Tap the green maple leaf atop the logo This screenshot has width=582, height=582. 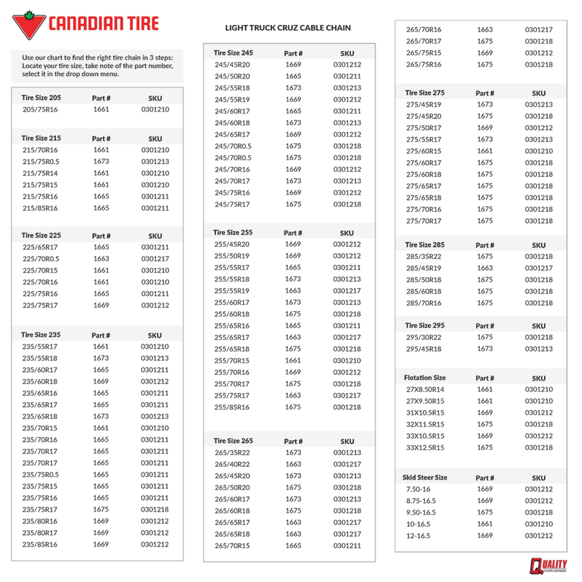pos(29,15)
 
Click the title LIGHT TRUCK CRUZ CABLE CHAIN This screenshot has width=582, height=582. pos(288,28)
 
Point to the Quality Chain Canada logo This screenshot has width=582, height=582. pos(548,566)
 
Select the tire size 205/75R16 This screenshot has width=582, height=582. pos(40,109)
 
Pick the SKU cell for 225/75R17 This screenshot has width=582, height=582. pos(155,305)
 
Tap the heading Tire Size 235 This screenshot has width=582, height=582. pos(41,335)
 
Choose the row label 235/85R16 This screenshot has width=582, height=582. pos(40,544)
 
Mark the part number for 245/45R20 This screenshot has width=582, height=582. pos(293,64)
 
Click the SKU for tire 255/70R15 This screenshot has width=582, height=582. pos(347,360)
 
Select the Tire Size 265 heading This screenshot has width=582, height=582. pos(233,441)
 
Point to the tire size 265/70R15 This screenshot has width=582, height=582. pos(232,545)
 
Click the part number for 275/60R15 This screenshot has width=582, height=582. pos(485,151)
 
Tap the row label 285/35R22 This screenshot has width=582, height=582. pos(423,256)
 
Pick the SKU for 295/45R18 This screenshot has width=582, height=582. pos(539,349)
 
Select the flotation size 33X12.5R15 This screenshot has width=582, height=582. pos(425,447)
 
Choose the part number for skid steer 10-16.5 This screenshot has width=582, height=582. pos(485,524)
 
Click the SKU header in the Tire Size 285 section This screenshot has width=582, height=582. pos(539,245)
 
